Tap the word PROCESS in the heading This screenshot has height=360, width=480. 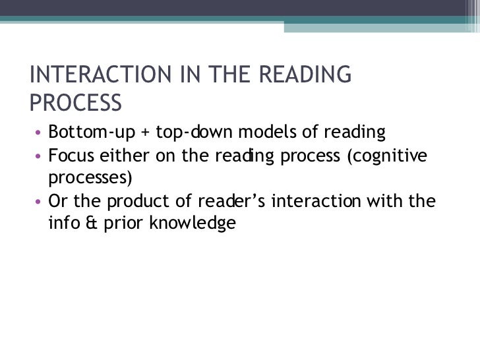click(76, 103)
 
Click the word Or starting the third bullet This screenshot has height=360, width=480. click(59, 201)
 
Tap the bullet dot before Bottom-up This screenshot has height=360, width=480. click(38, 134)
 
